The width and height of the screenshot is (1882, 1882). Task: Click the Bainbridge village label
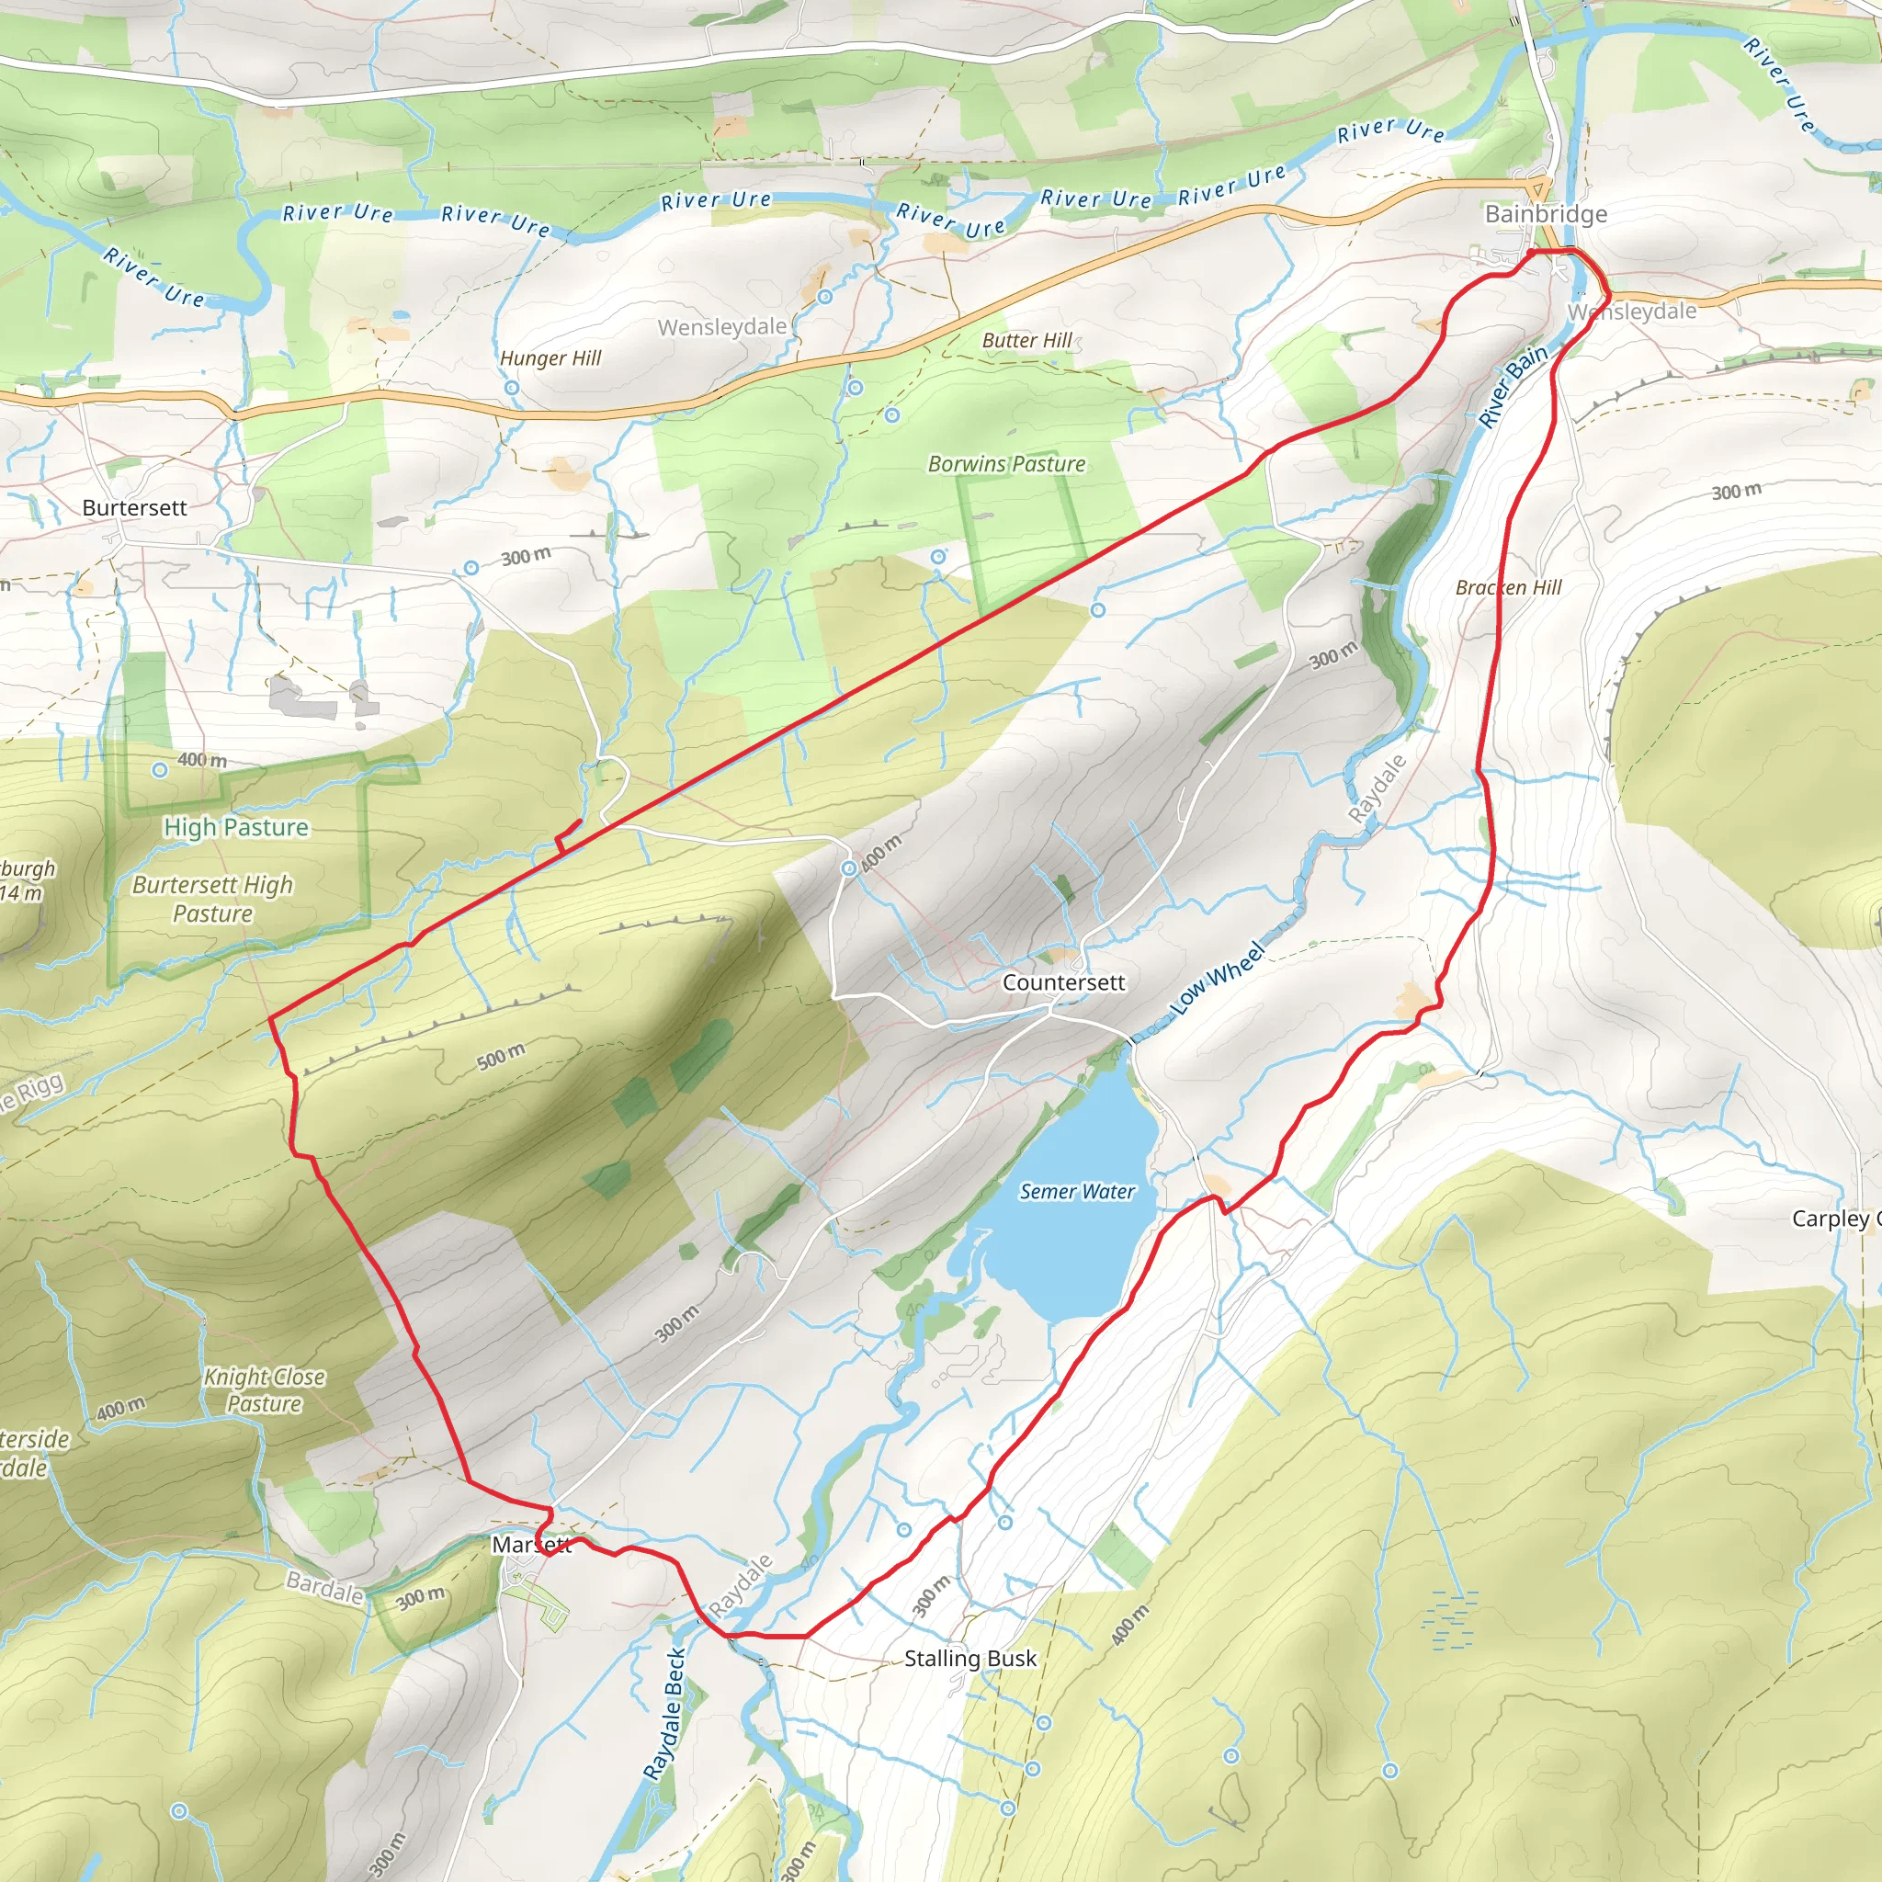(1545, 213)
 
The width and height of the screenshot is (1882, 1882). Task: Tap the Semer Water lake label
(1076, 1191)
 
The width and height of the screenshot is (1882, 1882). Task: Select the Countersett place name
(1063, 982)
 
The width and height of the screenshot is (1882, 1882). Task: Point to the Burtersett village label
(134, 507)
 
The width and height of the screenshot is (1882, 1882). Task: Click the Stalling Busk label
(970, 1658)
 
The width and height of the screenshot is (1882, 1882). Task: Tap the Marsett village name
(531, 1545)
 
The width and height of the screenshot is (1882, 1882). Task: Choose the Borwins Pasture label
(1006, 464)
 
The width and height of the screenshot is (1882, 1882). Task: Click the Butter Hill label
(1026, 340)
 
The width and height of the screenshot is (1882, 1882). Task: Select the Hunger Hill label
(550, 357)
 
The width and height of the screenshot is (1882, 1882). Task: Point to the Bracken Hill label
(1508, 587)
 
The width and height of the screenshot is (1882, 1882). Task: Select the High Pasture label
(236, 827)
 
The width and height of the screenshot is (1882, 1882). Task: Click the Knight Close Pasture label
(264, 1390)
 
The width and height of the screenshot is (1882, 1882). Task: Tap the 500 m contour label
(501, 1056)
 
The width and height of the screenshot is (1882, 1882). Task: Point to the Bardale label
(324, 1588)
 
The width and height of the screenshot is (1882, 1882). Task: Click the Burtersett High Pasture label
(212, 898)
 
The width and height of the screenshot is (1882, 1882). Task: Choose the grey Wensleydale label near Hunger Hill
(721, 327)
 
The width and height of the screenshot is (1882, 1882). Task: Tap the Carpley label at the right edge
(1833, 1219)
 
